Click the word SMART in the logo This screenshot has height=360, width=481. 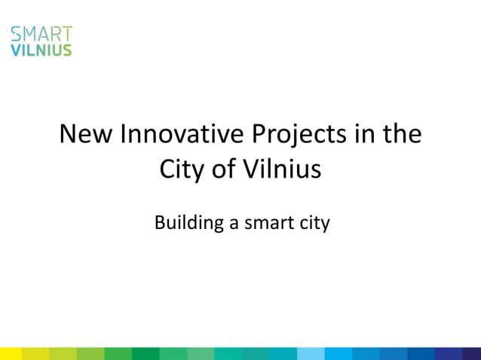41,34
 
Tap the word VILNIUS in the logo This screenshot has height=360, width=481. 41,50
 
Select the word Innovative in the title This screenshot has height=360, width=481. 179,135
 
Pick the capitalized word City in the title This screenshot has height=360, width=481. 181,169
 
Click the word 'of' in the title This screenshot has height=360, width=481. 223,169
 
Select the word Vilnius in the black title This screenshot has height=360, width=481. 283,169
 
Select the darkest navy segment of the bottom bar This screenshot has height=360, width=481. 472,354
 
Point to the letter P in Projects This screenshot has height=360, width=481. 258,135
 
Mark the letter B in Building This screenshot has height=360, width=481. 159,223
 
